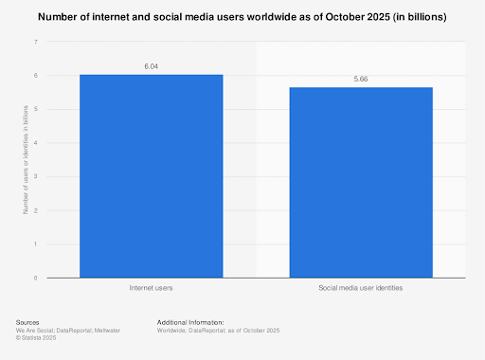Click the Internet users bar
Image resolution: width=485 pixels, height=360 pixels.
tap(151, 176)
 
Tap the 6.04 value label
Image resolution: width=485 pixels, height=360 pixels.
tap(151, 66)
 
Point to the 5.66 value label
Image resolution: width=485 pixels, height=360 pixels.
tap(361, 80)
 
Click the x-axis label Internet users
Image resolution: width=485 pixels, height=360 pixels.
tap(151, 286)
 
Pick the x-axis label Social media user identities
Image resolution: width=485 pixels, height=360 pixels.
tap(361, 286)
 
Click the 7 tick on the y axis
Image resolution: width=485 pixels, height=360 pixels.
tap(36, 42)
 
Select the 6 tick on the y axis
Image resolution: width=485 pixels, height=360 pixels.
tap(36, 76)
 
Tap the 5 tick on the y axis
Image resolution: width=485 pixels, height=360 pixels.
tap(36, 109)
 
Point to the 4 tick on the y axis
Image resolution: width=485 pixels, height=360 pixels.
tap(36, 143)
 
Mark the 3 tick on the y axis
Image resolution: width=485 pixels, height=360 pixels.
tap(36, 176)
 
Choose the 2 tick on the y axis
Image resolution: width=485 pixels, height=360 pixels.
tap(36, 210)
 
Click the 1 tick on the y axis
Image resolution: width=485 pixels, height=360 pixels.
tap(36, 243)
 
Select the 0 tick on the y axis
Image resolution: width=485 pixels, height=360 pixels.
tap(36, 278)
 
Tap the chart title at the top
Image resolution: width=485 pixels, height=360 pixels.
tap(242, 18)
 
